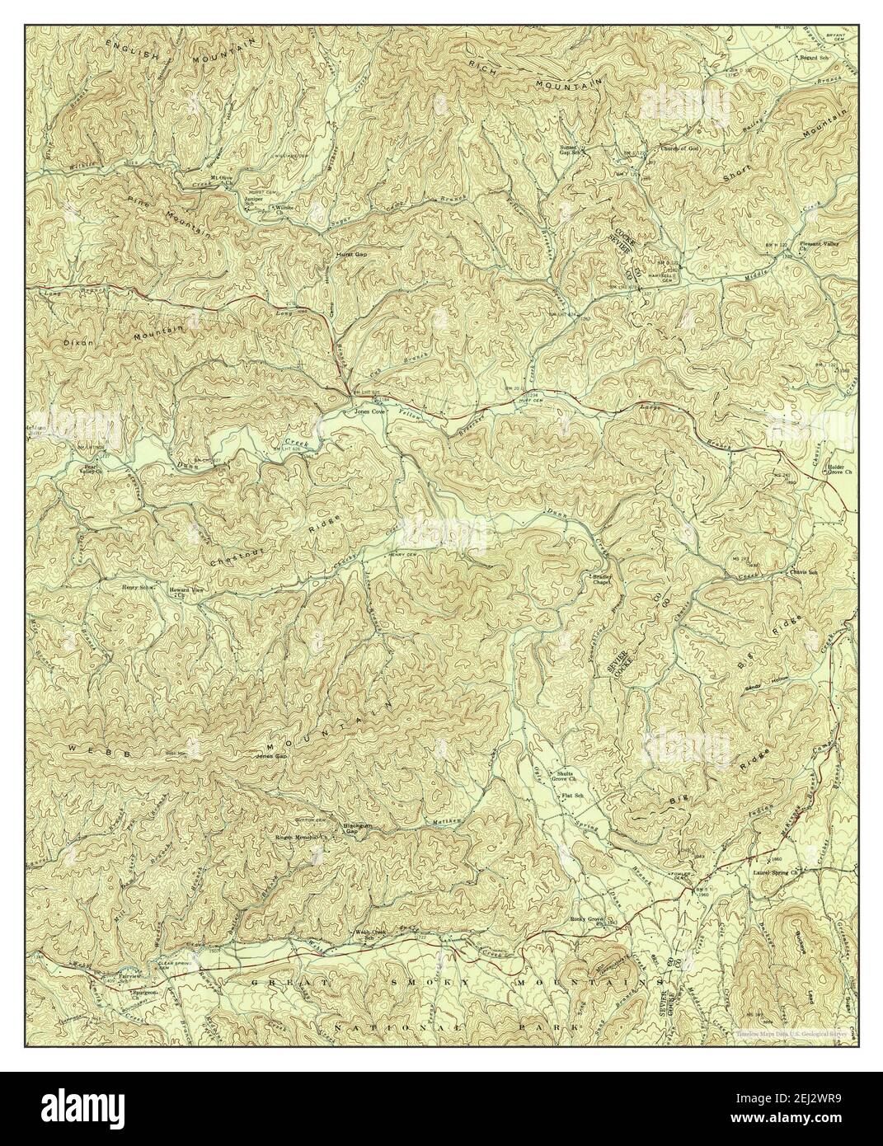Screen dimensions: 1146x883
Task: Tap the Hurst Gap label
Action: coord(351,255)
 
